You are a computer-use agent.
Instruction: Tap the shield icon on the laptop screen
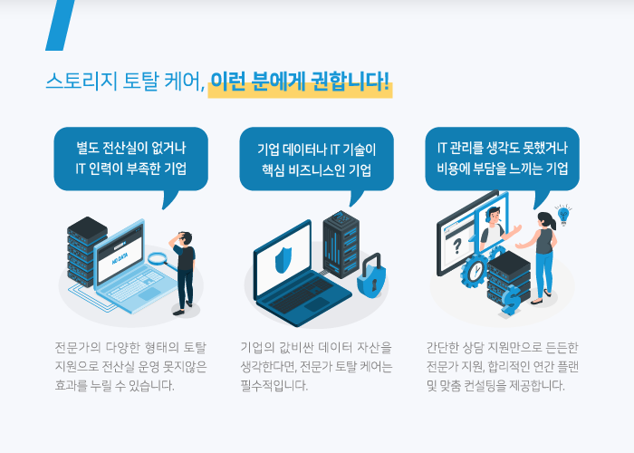(283, 258)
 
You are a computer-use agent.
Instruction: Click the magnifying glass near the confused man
(160, 261)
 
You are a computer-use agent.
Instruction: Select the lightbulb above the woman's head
(563, 215)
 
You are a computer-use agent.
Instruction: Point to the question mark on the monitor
(456, 246)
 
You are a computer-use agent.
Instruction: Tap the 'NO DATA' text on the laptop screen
(120, 259)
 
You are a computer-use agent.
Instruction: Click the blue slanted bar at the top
(61, 25)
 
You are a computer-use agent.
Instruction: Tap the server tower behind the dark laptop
(341, 244)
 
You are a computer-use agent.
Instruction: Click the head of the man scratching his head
(186, 237)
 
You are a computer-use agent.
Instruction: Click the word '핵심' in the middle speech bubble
(273, 170)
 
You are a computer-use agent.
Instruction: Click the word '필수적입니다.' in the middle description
(274, 385)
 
